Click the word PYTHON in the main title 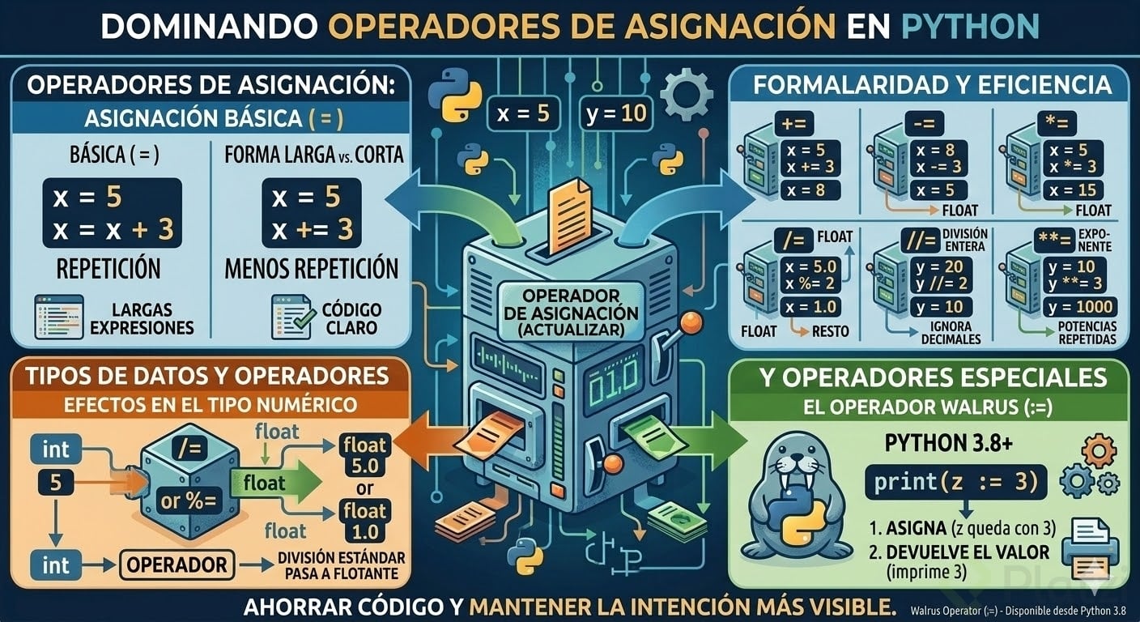pos(970,26)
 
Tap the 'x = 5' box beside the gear pos(523,113)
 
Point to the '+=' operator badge pos(793,124)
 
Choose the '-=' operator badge pos(925,124)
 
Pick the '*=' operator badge pos(1057,124)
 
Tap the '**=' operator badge pos(1054,241)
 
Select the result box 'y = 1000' pos(1080,307)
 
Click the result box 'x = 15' pos(1073,190)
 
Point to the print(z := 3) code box pos(955,482)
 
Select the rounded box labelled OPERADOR pos(177,565)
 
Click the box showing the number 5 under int pos(56,483)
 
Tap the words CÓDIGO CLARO pos(351,318)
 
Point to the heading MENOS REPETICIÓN pos(312,269)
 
